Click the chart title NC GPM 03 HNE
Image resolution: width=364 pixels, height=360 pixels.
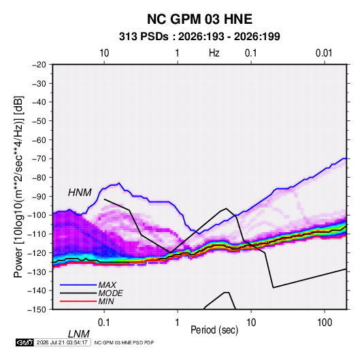point(199,19)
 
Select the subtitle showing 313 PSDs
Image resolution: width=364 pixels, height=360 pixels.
point(199,37)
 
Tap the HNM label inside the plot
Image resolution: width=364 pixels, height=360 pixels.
point(80,193)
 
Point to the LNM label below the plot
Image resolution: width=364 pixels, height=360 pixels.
point(79,334)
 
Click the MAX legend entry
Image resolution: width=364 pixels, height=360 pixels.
point(107,284)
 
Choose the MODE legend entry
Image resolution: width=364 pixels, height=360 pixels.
point(110,293)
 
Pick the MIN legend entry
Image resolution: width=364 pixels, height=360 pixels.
point(106,301)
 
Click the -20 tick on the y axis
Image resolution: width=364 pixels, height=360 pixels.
point(39,65)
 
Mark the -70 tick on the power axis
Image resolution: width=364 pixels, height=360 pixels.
point(39,159)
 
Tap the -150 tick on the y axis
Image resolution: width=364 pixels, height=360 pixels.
point(37,310)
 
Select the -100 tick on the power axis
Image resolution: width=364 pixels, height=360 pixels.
point(37,215)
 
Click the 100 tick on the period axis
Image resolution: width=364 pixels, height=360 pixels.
point(325,323)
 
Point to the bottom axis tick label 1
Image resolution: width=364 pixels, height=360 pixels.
point(178,323)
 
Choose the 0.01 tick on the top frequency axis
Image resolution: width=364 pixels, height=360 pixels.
point(324,53)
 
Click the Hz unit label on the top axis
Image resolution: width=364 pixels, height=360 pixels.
point(214,53)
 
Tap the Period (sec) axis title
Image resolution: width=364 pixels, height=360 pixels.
point(214,330)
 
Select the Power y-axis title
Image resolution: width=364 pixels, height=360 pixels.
point(18,186)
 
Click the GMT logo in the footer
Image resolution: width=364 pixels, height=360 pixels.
point(25,342)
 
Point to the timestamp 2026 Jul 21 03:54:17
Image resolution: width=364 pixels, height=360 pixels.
point(62,342)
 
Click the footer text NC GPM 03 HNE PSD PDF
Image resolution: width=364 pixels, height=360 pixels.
point(125,343)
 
